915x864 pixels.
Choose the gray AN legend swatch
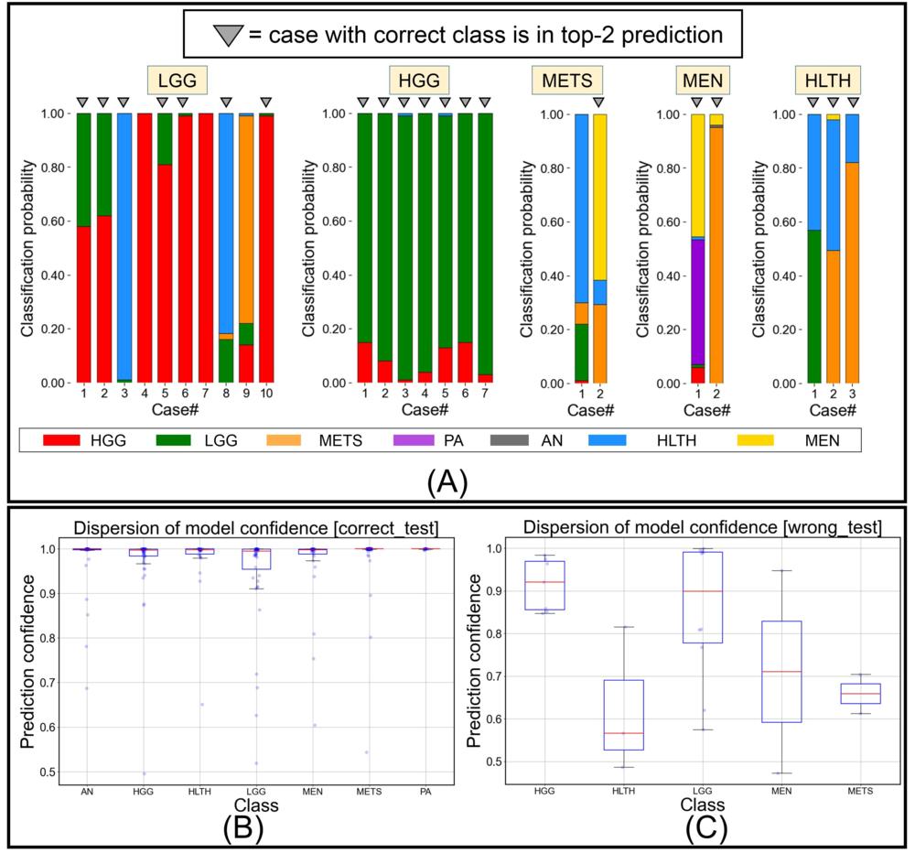pos(514,441)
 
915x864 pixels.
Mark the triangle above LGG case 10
pos(266,101)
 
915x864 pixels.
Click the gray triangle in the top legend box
pos(225,35)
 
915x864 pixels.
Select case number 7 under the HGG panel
pos(485,395)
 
